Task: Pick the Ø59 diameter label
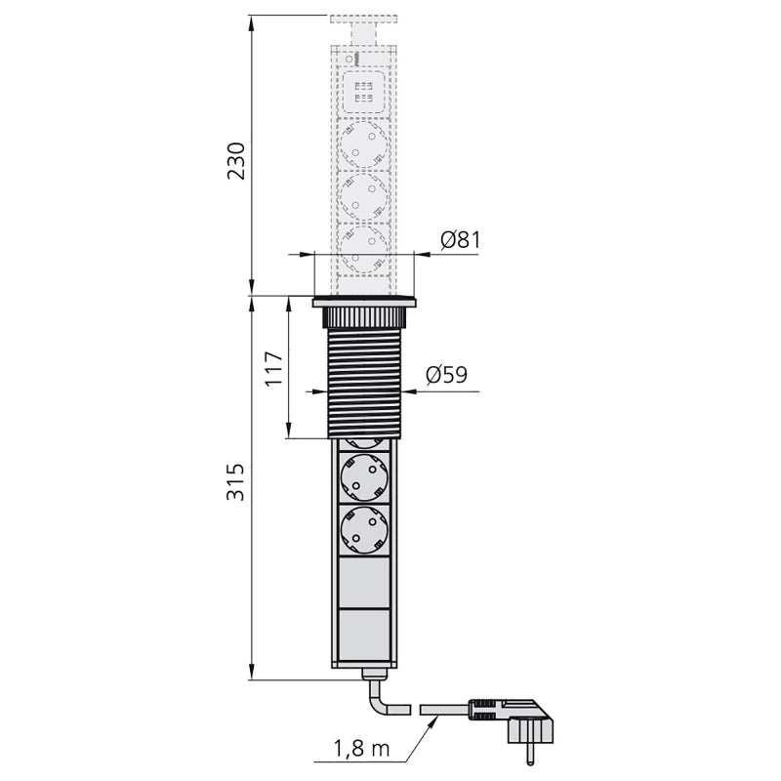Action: [446, 374]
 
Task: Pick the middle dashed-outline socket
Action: [364, 197]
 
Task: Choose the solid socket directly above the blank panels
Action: [364, 530]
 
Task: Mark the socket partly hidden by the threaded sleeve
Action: [364, 442]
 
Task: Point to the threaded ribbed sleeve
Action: [364, 381]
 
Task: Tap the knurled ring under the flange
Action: [364, 317]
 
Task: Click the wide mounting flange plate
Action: [364, 303]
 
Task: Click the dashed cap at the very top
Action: [364, 20]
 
